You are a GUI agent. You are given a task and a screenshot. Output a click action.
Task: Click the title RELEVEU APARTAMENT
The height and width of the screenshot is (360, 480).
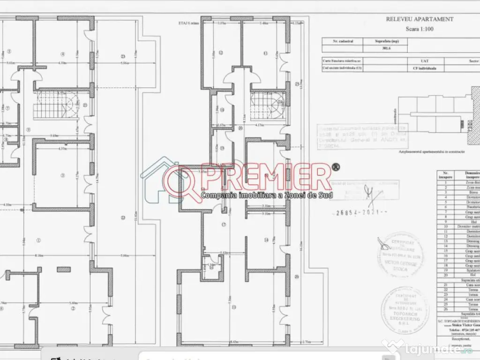pyautogui.click(x=420, y=19)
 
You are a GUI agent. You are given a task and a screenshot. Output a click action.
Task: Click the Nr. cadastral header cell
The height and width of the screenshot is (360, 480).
pyautogui.click(x=343, y=41)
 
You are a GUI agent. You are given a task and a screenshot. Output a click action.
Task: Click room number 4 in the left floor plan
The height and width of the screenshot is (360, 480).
pyautogui.click(x=62, y=53)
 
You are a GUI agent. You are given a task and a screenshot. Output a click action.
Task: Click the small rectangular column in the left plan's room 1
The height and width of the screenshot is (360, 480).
pyautogui.click(x=63, y=269)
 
